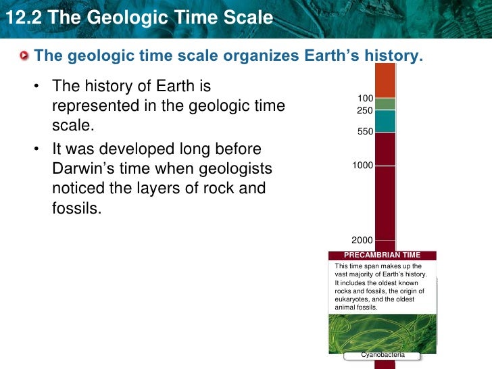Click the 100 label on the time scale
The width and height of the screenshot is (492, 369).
click(x=366, y=99)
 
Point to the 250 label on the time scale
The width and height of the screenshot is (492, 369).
click(x=365, y=109)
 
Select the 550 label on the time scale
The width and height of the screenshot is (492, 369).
click(x=366, y=132)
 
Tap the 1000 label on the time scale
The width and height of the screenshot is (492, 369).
click(x=363, y=165)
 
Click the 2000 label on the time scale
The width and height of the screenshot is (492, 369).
click(x=363, y=241)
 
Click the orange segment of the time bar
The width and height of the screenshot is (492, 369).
click(x=385, y=80)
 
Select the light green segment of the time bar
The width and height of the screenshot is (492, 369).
click(x=385, y=104)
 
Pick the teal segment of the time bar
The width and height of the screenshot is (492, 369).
click(x=385, y=121)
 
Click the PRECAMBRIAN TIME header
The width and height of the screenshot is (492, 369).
click(x=382, y=255)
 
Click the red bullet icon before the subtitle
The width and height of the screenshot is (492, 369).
click(x=25, y=55)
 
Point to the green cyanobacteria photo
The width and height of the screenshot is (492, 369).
click(x=382, y=331)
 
